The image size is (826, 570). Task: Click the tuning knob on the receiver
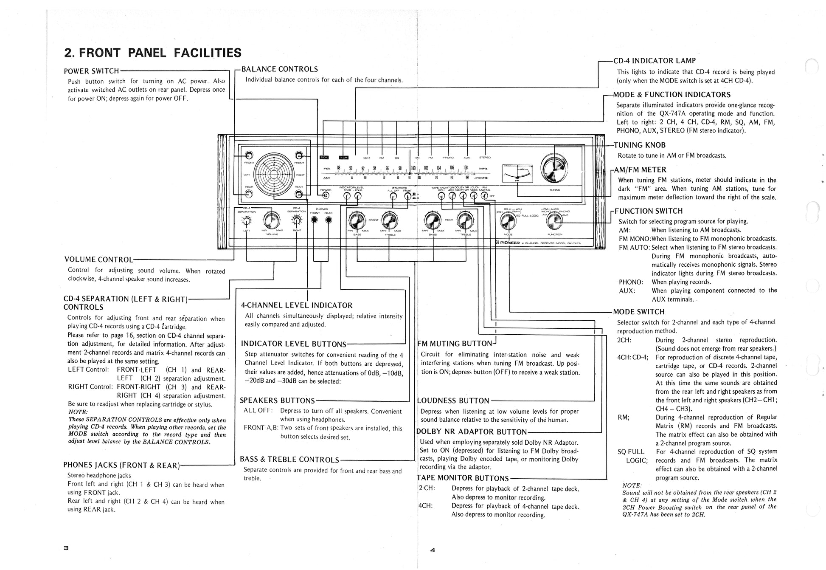pos(555,169)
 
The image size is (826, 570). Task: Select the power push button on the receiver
pos(326,195)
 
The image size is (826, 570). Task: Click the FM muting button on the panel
pos(484,196)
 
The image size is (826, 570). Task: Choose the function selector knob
pos(554,220)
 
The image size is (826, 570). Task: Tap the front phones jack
pos(314,220)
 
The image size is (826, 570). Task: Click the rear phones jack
pos(329,220)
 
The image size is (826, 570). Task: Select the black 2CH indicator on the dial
pos(324,158)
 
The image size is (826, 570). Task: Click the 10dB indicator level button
pos(347,196)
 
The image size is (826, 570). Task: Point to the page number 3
pos(66,547)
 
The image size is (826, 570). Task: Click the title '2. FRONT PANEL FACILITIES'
pos(152,53)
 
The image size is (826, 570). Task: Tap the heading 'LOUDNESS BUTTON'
pos(453,401)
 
